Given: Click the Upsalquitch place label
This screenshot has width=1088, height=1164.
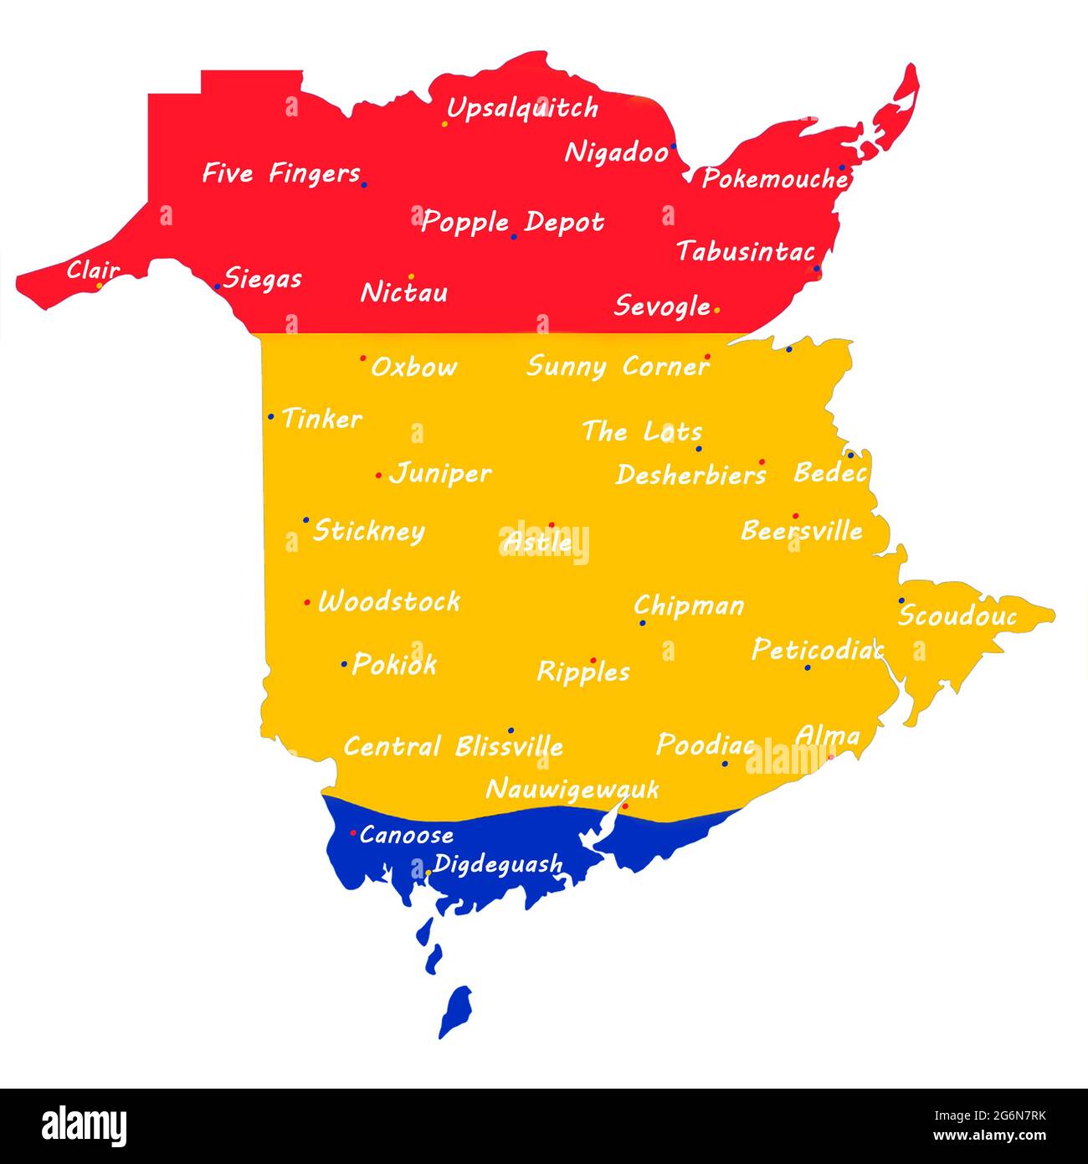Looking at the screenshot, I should [522, 108].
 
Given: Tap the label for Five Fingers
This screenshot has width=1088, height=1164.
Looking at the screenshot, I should [281, 173].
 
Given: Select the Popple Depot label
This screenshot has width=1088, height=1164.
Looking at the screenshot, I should [512, 222].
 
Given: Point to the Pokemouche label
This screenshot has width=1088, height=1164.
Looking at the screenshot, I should [774, 178].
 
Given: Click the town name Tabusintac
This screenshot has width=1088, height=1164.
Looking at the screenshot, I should [746, 251].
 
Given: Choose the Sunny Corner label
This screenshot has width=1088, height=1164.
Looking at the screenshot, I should [618, 367].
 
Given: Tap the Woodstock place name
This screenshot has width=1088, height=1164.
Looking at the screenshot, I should [389, 601].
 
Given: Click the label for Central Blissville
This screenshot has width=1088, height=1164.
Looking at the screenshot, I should [454, 746].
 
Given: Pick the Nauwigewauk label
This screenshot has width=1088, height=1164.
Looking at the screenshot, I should [572, 789].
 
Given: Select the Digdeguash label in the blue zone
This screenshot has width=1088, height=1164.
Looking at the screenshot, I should [498, 863].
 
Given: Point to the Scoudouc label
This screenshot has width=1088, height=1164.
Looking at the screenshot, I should [957, 616].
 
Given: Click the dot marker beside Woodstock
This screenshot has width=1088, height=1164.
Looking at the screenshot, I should [306, 603].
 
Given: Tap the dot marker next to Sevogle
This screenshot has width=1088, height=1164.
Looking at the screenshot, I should [717, 310].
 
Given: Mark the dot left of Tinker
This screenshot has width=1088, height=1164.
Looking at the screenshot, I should [270, 416].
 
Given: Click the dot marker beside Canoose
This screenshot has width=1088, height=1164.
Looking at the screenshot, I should [353, 832].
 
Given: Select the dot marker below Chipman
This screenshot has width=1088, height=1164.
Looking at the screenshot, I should [642, 623].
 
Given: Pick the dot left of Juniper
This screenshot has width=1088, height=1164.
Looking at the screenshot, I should [378, 476].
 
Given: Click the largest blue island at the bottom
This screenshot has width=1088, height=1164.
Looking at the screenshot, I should [456, 1011].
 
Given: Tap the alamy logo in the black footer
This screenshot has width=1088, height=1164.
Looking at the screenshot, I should [85, 1125].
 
